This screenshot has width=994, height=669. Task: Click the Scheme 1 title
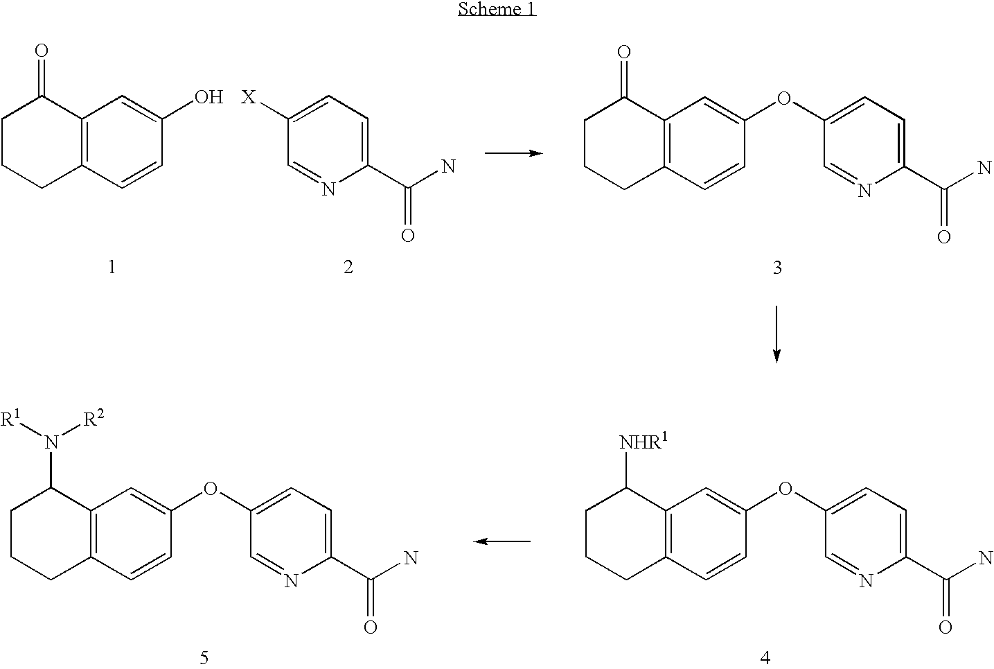click(x=497, y=10)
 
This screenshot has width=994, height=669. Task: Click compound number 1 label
click(x=112, y=267)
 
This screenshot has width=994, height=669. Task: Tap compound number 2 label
click(x=348, y=267)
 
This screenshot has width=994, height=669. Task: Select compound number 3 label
click(x=776, y=267)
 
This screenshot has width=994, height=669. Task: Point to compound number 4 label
click(x=765, y=655)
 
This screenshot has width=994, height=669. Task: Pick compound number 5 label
click(x=204, y=655)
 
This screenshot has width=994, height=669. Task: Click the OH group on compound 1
click(x=208, y=96)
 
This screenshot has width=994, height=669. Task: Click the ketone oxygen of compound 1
click(x=41, y=50)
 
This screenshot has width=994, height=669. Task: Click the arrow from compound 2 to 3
click(x=513, y=153)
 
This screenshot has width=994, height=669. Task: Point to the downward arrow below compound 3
click(x=776, y=333)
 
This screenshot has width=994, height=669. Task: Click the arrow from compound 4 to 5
click(x=502, y=541)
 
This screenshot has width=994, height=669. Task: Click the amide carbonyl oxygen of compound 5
click(x=370, y=627)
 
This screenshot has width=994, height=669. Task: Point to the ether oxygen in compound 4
click(x=785, y=490)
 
